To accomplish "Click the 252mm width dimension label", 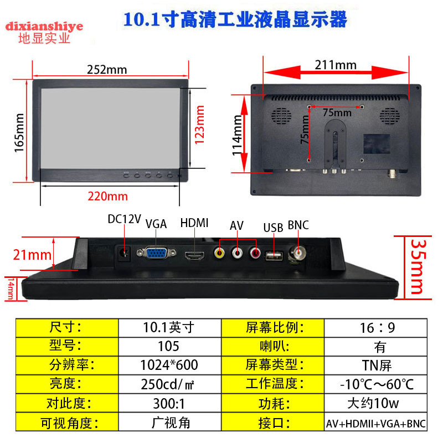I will click(107, 69).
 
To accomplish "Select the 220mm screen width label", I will click(107, 196).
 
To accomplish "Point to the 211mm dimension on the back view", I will click(336, 65).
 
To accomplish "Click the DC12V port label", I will click(124, 219).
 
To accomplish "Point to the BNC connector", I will click(300, 255).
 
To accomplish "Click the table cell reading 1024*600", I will click(169, 365).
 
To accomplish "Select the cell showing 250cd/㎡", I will click(169, 384).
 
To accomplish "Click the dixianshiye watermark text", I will click(44, 26).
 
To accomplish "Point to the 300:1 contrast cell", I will click(169, 403).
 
